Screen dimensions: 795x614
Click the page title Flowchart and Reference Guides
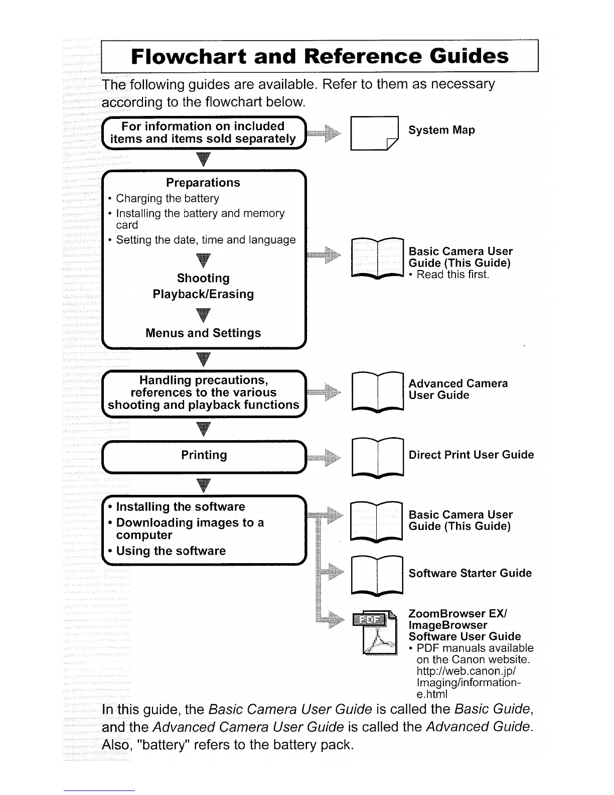click(x=320, y=56)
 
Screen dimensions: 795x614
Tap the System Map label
click(x=441, y=130)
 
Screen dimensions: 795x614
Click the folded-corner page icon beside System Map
click(x=374, y=133)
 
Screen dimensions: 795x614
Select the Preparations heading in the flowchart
click(x=203, y=183)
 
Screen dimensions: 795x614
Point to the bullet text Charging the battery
click(x=168, y=198)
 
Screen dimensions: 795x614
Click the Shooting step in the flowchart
click(x=203, y=278)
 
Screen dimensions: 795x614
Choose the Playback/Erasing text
click(x=203, y=294)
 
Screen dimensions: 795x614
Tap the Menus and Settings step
click(x=203, y=333)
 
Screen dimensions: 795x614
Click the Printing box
click(x=204, y=455)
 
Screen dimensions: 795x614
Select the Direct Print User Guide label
click(x=471, y=455)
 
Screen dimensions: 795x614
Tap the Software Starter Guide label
click(x=470, y=573)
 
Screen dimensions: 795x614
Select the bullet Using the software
click(x=171, y=551)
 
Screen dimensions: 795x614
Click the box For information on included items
click(x=203, y=132)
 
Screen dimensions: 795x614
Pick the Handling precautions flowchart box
click(x=203, y=392)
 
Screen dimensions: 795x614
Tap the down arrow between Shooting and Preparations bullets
click(x=203, y=260)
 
